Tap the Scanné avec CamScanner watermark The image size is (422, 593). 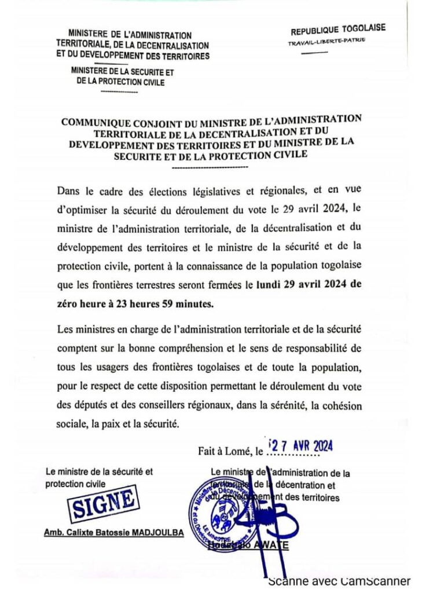(x=339, y=581)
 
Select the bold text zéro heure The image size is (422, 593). (x=85, y=302)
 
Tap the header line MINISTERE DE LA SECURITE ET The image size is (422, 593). (x=122, y=73)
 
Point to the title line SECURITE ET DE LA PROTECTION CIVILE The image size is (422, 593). (x=211, y=155)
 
